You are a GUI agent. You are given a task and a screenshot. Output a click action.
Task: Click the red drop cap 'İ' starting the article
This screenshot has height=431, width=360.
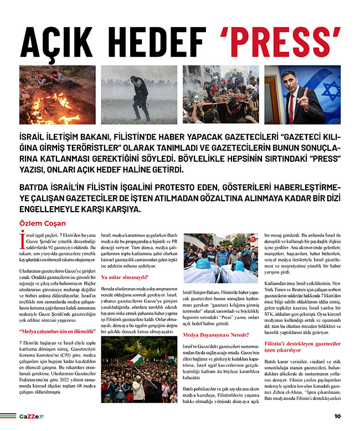22,239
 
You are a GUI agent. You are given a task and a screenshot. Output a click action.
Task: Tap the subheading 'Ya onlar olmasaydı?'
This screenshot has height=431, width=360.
124,276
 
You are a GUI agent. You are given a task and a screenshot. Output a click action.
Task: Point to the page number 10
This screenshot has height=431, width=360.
337,416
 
